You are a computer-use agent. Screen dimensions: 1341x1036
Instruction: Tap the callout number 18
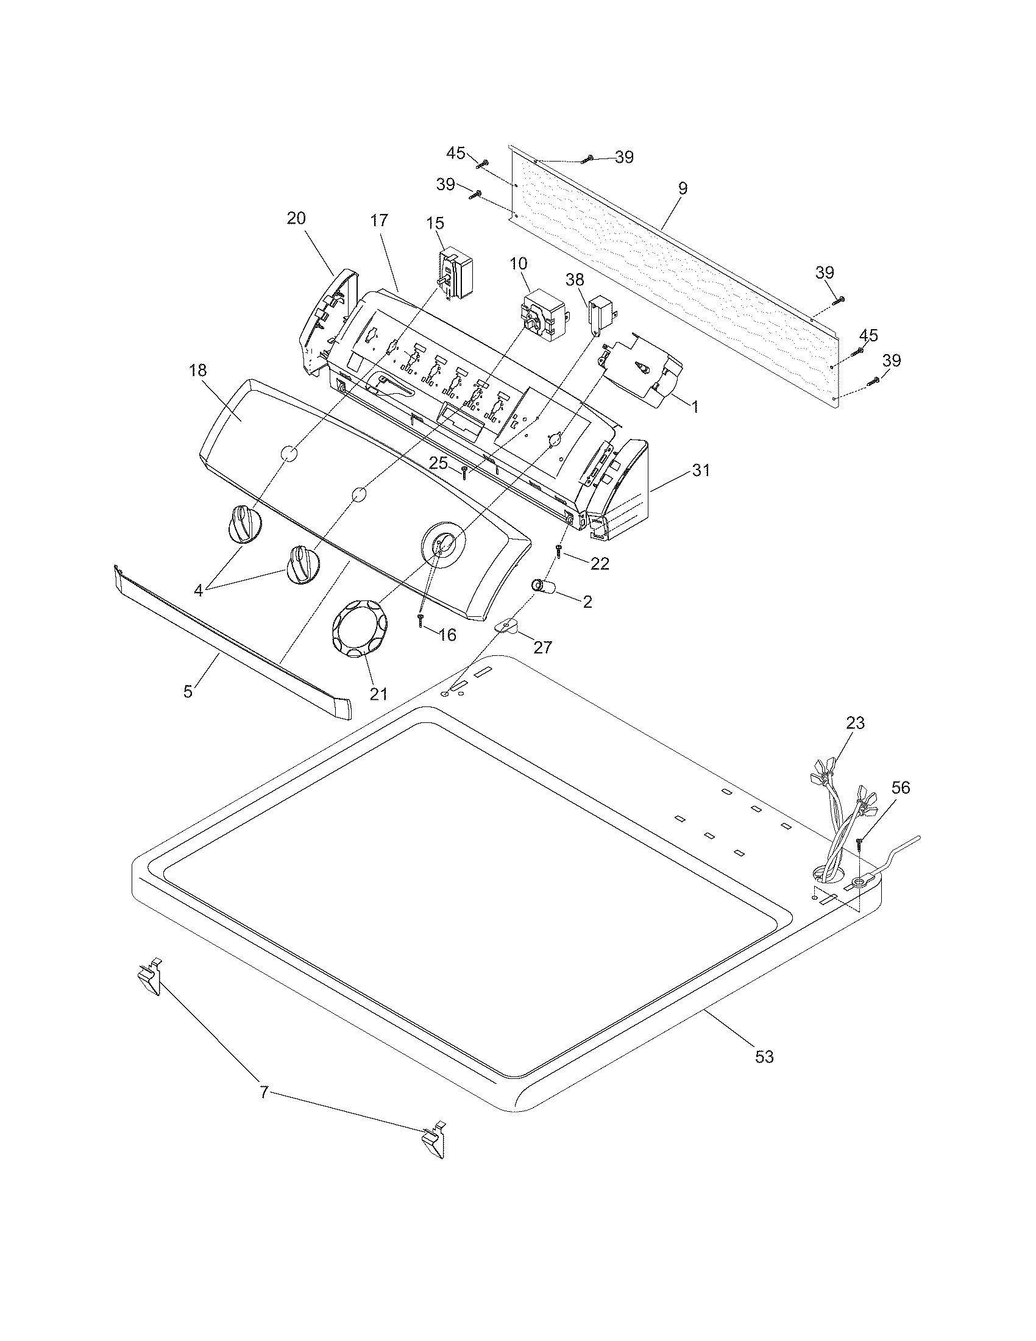click(198, 370)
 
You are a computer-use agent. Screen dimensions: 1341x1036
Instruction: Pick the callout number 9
click(683, 188)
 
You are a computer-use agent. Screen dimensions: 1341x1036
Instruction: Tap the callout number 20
click(296, 218)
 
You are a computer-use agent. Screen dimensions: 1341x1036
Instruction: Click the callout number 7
click(264, 1092)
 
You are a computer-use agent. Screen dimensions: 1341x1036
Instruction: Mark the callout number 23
click(855, 724)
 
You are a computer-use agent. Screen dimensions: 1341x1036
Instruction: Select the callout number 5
click(188, 691)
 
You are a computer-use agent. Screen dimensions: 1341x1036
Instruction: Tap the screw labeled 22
click(559, 550)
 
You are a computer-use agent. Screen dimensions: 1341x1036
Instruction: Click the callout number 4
click(198, 591)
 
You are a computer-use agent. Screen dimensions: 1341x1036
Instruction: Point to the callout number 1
click(695, 406)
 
